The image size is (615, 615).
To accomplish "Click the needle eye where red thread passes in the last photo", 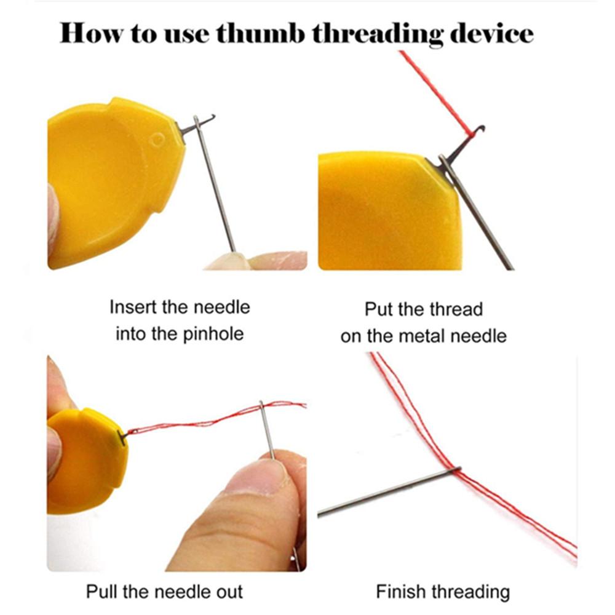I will (x=457, y=470).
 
